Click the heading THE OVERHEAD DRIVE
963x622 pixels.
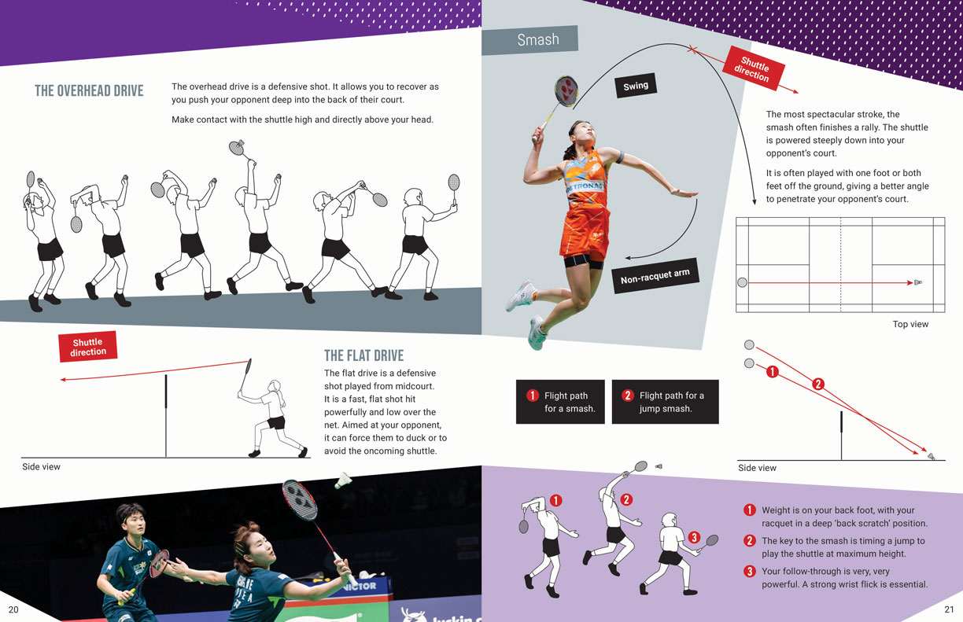coord(89,91)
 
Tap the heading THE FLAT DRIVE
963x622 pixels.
coord(364,355)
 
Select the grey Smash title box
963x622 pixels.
coord(529,40)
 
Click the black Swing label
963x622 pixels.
coord(636,86)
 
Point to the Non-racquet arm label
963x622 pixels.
coord(655,276)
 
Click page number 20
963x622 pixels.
coord(13,609)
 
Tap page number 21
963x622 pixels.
coord(949,609)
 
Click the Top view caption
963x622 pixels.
coord(910,324)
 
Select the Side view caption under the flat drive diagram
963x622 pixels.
coord(41,467)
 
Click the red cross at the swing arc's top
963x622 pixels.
coord(692,50)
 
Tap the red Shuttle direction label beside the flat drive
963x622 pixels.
coord(87,347)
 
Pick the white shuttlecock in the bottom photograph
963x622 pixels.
coord(343,481)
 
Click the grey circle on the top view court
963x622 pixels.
coord(743,282)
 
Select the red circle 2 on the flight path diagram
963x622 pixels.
coord(818,384)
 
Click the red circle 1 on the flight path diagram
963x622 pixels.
coord(772,372)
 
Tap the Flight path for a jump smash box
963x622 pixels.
coord(665,402)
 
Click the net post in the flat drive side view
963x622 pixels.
coord(166,416)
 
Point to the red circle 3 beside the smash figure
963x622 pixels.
coord(694,537)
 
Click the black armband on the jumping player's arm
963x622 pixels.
coord(619,157)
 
